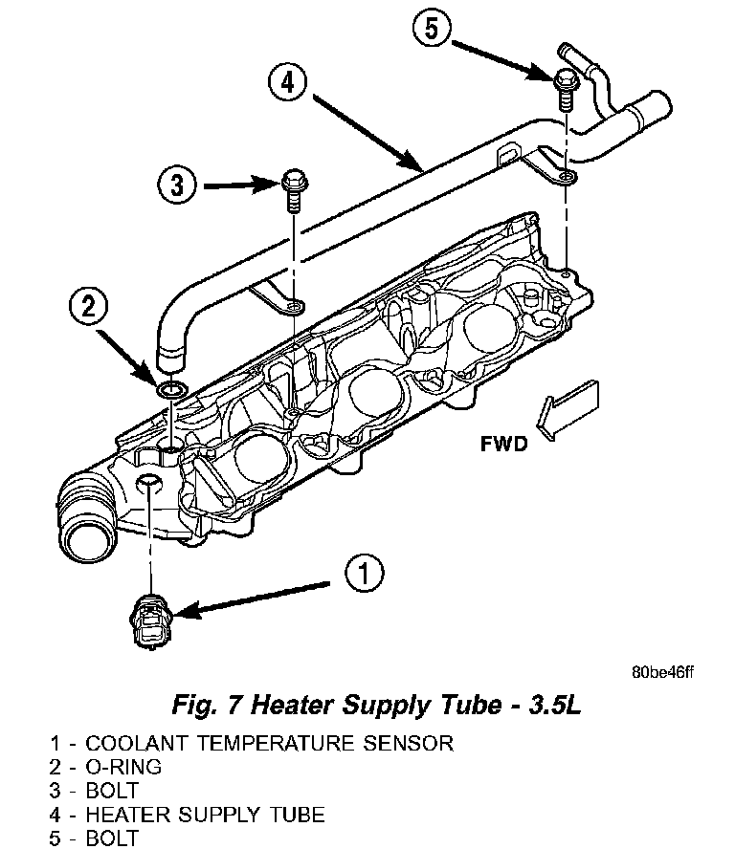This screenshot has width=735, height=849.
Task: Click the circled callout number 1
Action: pos(363,574)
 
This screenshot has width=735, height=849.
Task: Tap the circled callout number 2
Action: pos(88,306)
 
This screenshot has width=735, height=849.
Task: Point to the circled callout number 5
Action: pos(432,29)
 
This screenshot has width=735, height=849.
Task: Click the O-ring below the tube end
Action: pos(172,390)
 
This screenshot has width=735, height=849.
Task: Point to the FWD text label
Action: pos(504,445)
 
